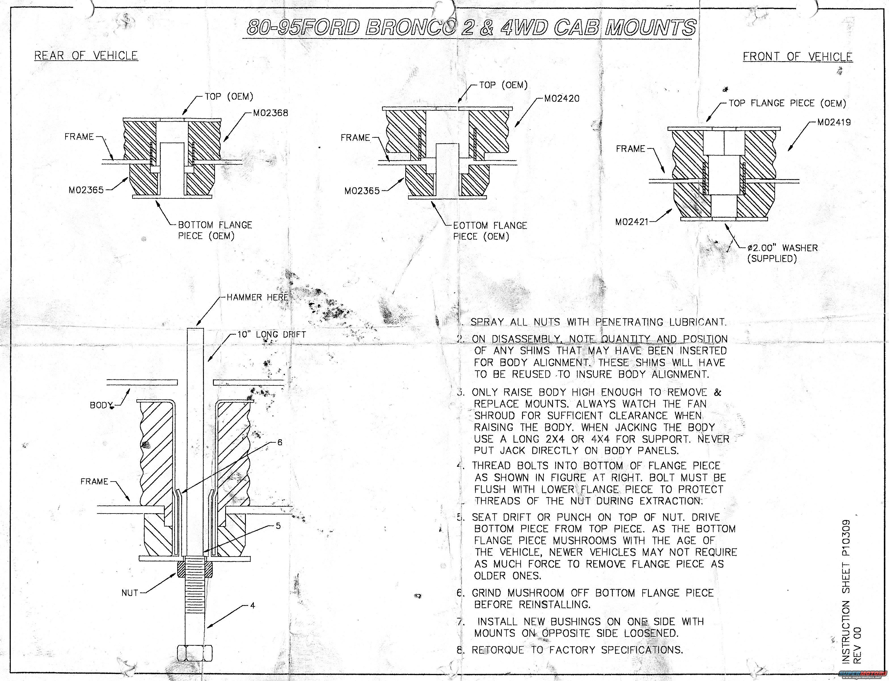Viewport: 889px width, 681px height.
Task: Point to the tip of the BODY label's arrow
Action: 131,388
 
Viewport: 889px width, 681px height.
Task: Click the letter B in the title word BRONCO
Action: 373,27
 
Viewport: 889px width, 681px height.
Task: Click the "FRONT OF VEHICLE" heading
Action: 798,56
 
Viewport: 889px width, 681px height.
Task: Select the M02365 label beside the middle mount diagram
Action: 362,190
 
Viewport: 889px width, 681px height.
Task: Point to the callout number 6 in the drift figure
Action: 279,443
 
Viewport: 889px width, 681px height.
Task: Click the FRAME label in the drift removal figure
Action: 94,481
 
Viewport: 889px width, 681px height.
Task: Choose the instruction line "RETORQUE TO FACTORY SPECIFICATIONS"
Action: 577,650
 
